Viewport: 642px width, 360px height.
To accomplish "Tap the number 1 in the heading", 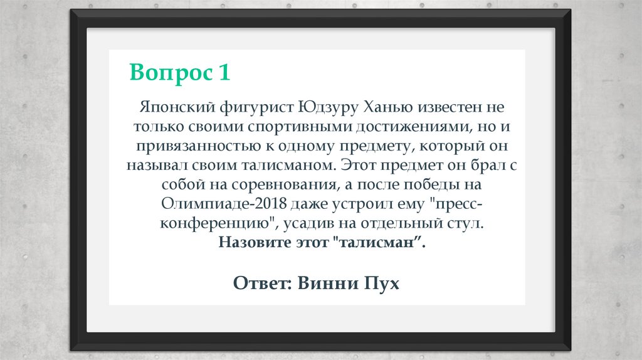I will tap(224, 73).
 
